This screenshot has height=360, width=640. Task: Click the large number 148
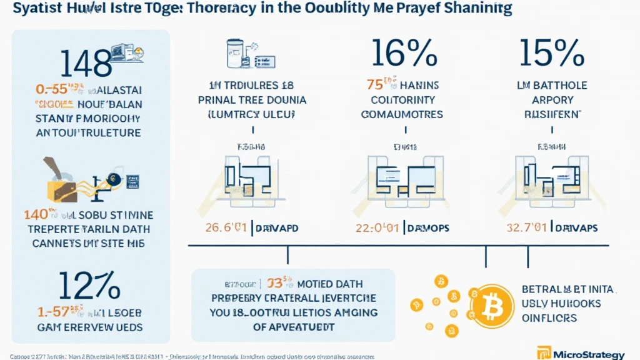pyautogui.click(x=86, y=64)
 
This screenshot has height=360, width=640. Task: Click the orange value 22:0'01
pyautogui.click(x=379, y=228)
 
